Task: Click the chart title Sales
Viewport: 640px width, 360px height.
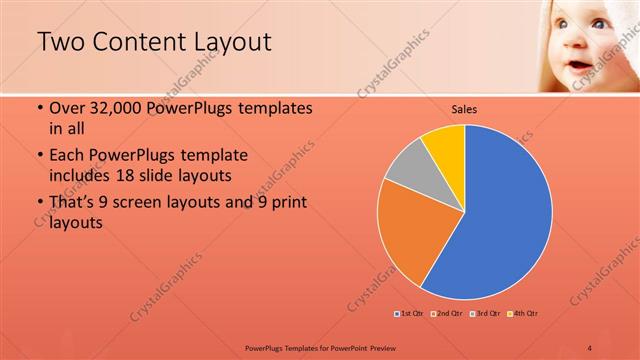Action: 464,108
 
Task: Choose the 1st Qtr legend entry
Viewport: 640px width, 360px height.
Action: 409,314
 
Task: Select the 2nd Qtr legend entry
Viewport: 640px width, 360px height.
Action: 447,314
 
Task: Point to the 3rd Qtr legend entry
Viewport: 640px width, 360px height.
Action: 486,314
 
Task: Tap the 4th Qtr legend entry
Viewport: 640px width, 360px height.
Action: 524,314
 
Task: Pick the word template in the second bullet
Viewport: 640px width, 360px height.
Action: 213,156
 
